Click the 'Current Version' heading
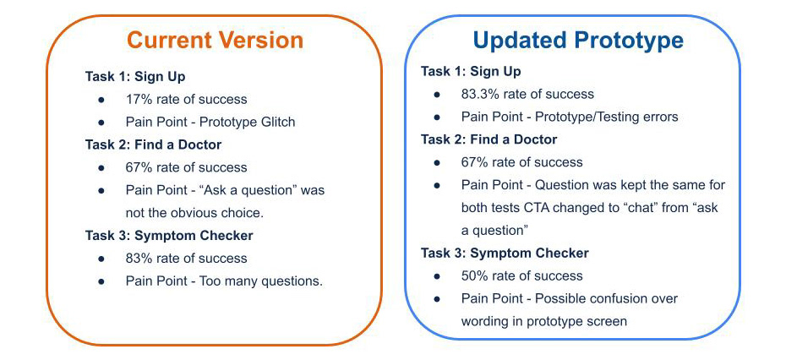pos(215,40)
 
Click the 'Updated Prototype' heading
pos(578,40)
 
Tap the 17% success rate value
pos(137,99)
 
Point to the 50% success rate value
pos(472,275)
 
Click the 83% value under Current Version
pos(138,259)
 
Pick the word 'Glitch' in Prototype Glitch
pos(277,122)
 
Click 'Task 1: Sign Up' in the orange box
pos(135,77)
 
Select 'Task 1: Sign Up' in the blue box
pos(471,71)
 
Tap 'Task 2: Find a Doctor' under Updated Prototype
pos(489,139)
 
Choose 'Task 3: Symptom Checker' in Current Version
pos(169,235)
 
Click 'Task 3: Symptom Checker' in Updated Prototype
pos(505,254)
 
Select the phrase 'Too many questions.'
pos(260,281)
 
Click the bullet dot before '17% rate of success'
pos(101,100)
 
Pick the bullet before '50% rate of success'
pos(437,276)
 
